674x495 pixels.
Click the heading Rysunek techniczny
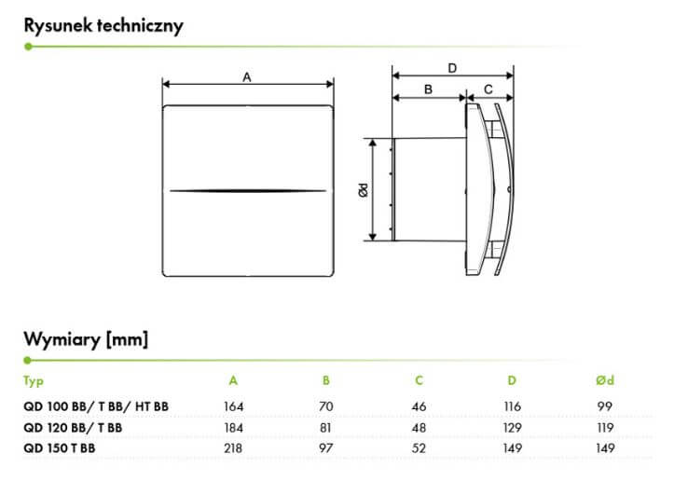point(103,24)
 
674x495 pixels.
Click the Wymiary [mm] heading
point(86,338)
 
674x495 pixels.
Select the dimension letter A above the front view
point(247,78)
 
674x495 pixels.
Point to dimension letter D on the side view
point(452,67)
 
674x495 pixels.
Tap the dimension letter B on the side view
point(428,89)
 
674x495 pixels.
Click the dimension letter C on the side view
point(489,89)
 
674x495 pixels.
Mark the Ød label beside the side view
point(365,188)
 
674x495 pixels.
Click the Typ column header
point(34,380)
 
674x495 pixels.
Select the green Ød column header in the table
point(604,380)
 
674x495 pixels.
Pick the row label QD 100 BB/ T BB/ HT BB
point(96,406)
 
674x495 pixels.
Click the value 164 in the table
point(233,406)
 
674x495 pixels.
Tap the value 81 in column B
point(326,428)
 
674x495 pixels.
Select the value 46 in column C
point(419,406)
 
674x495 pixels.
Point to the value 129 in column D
point(512,428)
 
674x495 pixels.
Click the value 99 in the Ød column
point(604,406)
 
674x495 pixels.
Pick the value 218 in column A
point(233,450)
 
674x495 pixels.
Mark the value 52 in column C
point(419,450)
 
